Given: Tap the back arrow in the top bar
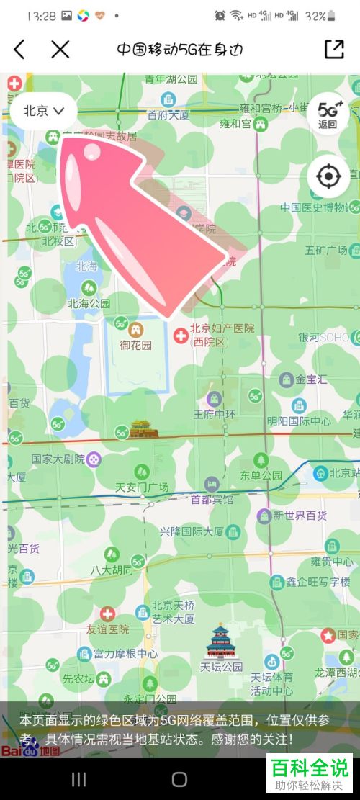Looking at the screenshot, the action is [x=19, y=49].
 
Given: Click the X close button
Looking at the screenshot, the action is [x=60, y=49].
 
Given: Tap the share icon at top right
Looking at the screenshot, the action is [x=334, y=49].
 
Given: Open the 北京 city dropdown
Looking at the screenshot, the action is [x=44, y=111].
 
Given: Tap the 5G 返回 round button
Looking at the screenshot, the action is [x=328, y=114].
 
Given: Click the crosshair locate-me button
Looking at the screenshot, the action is [x=328, y=176].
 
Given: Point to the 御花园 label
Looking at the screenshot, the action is [x=136, y=345].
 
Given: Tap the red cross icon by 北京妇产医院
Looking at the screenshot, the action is [x=182, y=334].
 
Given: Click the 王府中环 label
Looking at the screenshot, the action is [x=215, y=414].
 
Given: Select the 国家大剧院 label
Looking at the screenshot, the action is [x=58, y=459].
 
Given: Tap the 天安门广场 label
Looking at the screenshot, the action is [x=142, y=487].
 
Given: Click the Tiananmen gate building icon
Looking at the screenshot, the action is [x=140, y=430].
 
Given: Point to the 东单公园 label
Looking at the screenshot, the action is [x=261, y=475].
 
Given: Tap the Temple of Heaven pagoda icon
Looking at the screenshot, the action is [x=219, y=640].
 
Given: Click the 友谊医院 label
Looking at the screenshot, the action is [x=108, y=629].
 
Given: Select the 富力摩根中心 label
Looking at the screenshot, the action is [x=126, y=654].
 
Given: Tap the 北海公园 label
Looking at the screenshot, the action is [x=89, y=303].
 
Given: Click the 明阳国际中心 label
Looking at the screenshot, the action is [x=299, y=421].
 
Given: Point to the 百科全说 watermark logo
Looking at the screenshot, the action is [x=310, y=771].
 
